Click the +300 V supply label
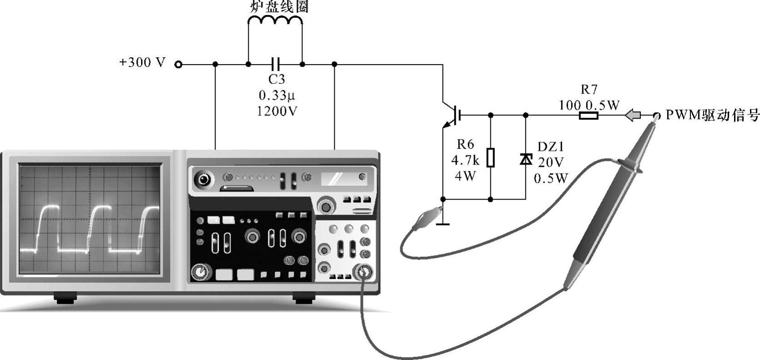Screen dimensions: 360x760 [142, 62]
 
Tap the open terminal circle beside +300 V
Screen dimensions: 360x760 [178, 65]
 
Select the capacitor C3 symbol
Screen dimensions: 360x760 [275, 64]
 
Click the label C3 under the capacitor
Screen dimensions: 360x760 [277, 80]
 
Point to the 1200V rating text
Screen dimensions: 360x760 [277, 111]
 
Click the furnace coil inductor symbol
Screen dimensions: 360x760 [275, 21]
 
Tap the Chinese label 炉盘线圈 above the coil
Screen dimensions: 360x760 [280, 6]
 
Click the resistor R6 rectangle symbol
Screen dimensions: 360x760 [490, 158]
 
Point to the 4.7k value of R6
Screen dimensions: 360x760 [465, 160]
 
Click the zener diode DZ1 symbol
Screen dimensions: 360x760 [526, 159]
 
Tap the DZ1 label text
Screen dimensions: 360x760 [550, 147]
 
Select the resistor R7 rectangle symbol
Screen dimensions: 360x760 [589, 116]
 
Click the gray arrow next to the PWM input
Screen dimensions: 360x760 [633, 115]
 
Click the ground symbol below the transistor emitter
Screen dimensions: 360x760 [443, 223]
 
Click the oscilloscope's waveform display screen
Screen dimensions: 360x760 [90, 219]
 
